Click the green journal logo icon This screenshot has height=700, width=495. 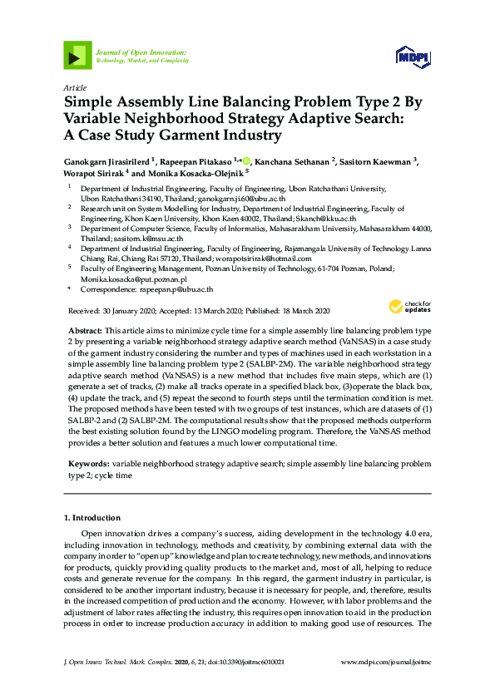[x=77, y=57]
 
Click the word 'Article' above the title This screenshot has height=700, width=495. [x=74, y=87]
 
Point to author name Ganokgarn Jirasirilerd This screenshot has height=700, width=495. [x=108, y=160]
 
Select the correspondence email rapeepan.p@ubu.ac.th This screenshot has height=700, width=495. [x=176, y=289]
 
